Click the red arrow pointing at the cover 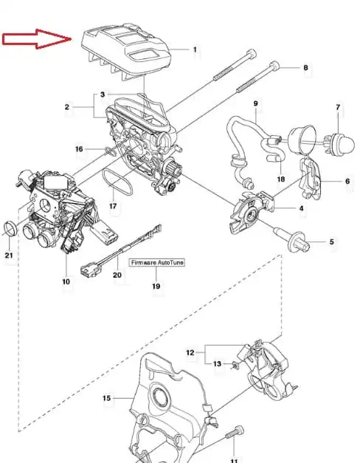tap(37, 39)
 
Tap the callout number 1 tap(195, 49)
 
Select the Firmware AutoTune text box tap(157, 262)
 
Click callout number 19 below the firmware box tap(156, 286)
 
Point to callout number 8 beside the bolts tap(305, 68)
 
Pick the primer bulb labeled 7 tap(340, 143)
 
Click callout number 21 tap(9, 255)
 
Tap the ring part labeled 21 tap(12, 229)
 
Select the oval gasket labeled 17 tap(117, 181)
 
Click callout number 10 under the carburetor tap(66, 281)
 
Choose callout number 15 tap(107, 398)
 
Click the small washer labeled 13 tap(235, 366)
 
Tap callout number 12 tap(190, 352)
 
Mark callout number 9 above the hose tap(255, 103)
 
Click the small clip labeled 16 tap(110, 151)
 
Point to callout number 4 tap(301, 208)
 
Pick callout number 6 tap(347, 181)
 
